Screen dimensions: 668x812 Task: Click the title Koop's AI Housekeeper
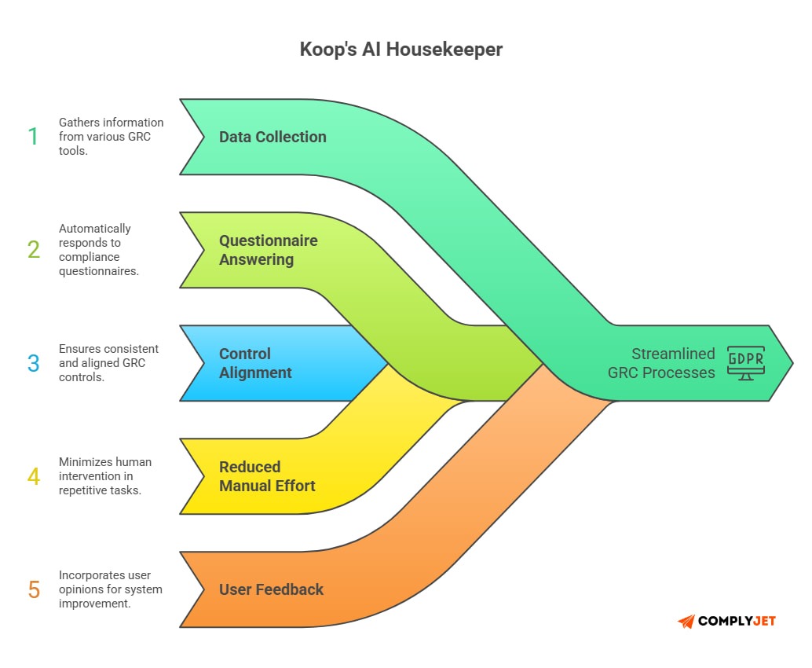[x=401, y=50]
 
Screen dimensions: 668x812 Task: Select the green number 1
[x=33, y=137]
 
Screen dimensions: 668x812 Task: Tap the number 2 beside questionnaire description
[x=33, y=250]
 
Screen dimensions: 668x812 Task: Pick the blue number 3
[x=33, y=363]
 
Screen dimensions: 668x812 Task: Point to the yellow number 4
[x=33, y=476]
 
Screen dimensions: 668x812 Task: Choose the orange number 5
[x=33, y=589]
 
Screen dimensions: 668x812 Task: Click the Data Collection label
[x=272, y=137]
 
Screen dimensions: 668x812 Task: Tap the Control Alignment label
[x=255, y=363]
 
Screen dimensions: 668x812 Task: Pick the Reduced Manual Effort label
[x=267, y=476]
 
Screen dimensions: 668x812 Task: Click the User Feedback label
[x=271, y=589]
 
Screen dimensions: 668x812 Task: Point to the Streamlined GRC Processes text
[x=661, y=363]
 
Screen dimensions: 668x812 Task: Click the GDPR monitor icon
[x=745, y=362]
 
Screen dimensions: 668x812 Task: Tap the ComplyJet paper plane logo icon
[x=686, y=622]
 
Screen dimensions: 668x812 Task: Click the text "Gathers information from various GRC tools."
[x=111, y=137]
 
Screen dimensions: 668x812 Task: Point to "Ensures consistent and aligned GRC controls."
[x=108, y=363]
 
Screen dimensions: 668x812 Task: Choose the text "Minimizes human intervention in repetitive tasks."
[x=105, y=476]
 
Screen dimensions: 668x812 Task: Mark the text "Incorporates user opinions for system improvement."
[x=110, y=589]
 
